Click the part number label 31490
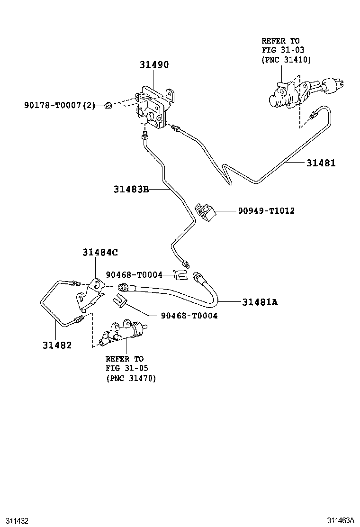point(154,64)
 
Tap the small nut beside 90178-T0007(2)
point(108,105)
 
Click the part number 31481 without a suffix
point(320,163)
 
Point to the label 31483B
point(131,190)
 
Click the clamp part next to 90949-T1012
point(206,211)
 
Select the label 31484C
point(99,253)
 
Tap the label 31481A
point(260,301)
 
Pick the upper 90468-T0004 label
point(134,274)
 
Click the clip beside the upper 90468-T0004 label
point(179,274)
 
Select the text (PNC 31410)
point(286,59)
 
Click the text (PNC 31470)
point(131,378)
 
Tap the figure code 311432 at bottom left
point(15,520)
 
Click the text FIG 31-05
point(124,368)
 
